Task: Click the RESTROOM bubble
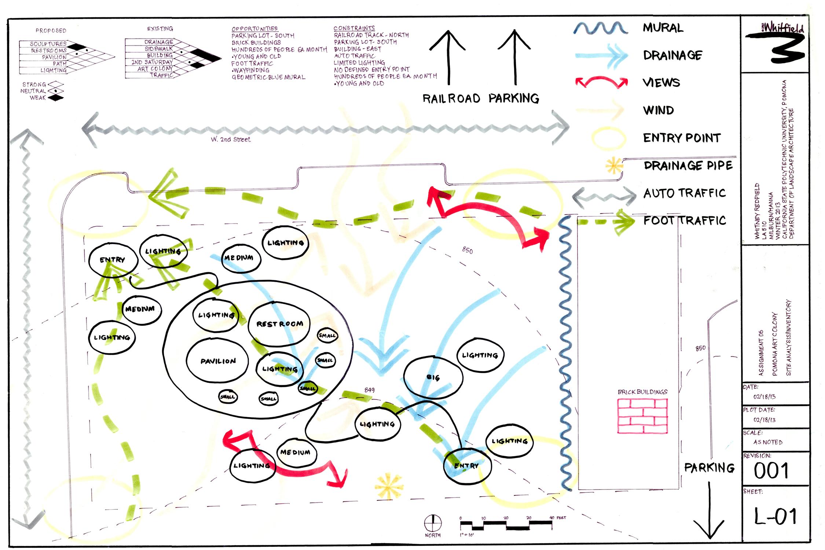point(279,324)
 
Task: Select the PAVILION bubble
point(218,361)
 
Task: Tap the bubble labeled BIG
point(433,377)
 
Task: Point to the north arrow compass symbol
point(433,523)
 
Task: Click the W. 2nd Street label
point(231,140)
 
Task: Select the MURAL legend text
point(663,28)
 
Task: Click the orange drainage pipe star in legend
point(614,166)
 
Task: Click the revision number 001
point(771,471)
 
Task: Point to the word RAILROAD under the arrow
point(451,99)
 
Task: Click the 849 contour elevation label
point(369,390)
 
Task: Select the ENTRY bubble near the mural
point(466,466)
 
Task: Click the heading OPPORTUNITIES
point(254,29)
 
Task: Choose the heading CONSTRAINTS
point(354,28)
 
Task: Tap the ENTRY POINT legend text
point(682,138)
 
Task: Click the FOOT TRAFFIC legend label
point(685,221)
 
